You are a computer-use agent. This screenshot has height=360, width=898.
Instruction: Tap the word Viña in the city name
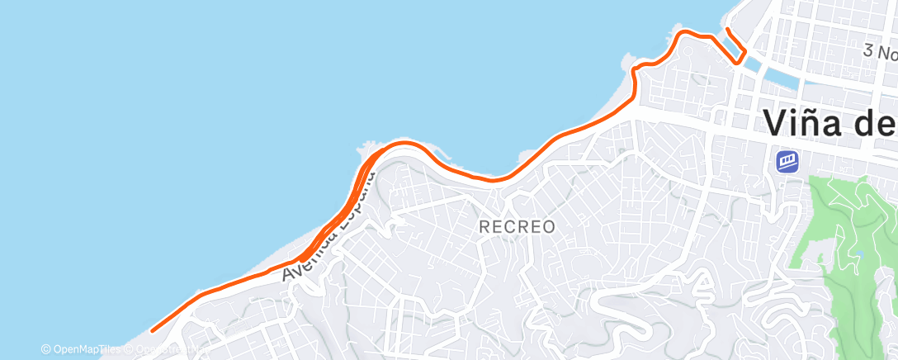coord(814,123)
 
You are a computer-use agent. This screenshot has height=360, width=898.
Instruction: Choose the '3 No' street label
coord(880,52)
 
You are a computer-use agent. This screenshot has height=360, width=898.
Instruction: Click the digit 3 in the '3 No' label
coord(868,51)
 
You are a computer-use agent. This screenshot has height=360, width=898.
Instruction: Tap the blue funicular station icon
coord(787,160)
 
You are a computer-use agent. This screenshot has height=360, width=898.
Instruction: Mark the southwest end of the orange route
coord(153,331)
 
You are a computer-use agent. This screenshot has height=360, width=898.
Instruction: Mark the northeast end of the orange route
coord(727,31)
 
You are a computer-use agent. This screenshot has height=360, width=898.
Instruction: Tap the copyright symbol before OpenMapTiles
coord(45,350)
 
